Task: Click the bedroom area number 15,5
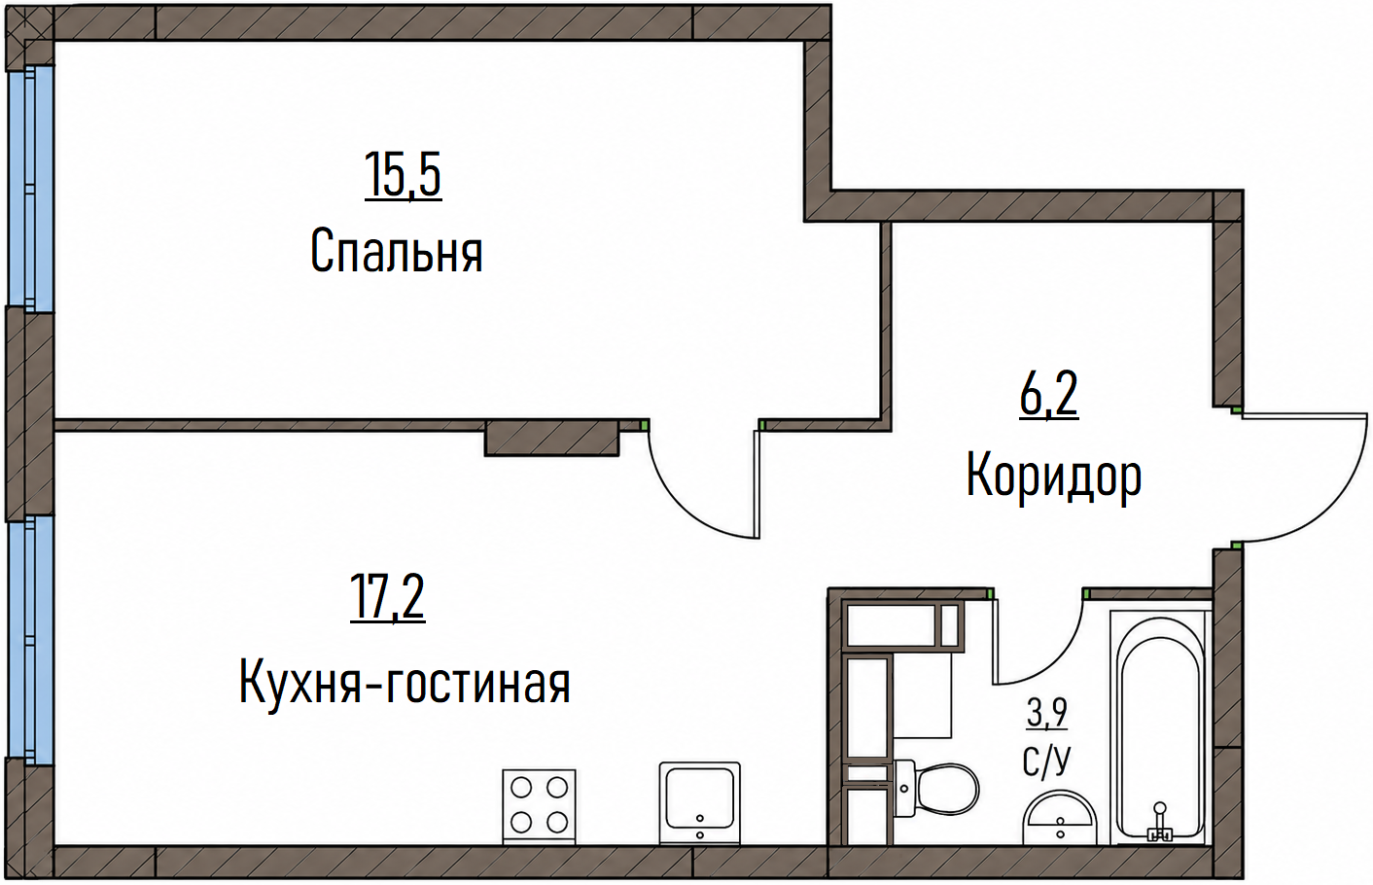403,175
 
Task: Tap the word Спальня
397,251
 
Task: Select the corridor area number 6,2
1049,395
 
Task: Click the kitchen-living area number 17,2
387,597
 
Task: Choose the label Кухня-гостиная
405,681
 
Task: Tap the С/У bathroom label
1046,760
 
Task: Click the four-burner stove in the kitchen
539,806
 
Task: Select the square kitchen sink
699,803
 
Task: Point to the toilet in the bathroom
936,788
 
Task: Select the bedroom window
30,188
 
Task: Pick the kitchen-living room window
30,640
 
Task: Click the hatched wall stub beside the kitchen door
551,437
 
